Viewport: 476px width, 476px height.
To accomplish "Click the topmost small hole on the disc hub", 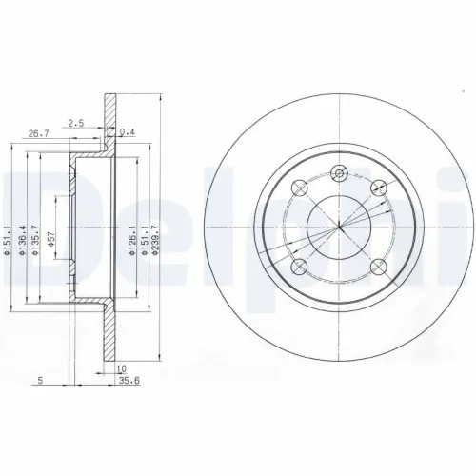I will coord(340,172).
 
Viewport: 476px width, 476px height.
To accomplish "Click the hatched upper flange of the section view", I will coord(109,119).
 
